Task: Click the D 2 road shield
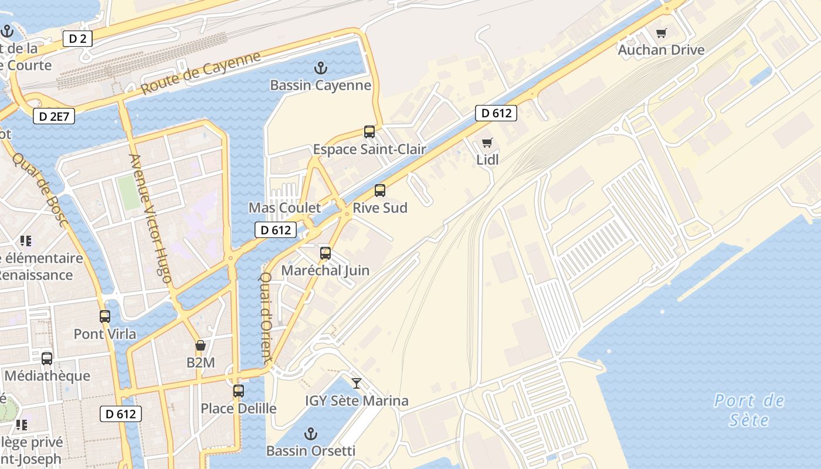pos(77,39)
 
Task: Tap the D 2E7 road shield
pos(54,116)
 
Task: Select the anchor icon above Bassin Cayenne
pos(320,68)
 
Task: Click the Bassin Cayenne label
pos(320,86)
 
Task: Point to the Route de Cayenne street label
pos(201,74)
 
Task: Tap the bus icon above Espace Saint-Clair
pos(369,132)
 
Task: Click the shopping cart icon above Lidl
pos(487,142)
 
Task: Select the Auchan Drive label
pos(661,50)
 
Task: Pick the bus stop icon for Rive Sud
pos(380,191)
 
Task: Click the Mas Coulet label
pos(284,208)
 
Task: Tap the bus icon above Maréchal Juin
pos(325,253)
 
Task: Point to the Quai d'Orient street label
pos(266,317)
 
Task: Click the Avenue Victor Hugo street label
pos(150,218)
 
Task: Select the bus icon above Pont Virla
pos(105,317)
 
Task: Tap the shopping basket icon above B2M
pos(201,345)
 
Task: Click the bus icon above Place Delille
pos(239,391)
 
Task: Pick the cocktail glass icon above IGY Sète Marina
pos(357,383)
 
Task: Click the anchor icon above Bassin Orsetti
pos(311,434)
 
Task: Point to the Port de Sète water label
pos(749,410)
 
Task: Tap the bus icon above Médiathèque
pos(47,358)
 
